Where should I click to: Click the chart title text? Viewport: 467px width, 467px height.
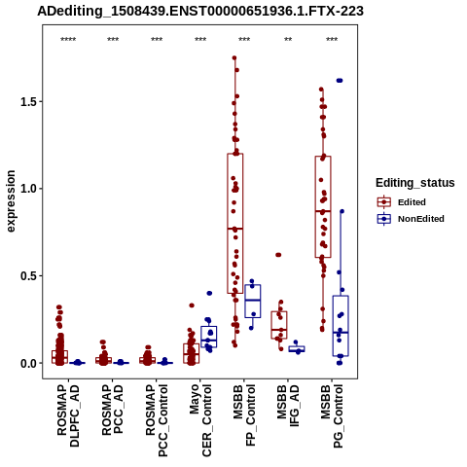(200, 11)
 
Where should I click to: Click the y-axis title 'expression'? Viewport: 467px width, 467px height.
(11, 201)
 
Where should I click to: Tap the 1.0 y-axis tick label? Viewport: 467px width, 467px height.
(27, 189)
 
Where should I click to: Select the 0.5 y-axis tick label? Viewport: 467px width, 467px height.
(27, 276)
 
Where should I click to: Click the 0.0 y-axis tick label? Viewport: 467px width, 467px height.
(27, 363)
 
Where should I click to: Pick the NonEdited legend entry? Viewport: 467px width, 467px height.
(411, 219)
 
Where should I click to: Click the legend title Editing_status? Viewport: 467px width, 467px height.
(415, 183)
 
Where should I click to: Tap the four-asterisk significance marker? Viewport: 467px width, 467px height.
(68, 40)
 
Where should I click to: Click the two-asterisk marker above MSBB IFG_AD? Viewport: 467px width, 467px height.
(288, 40)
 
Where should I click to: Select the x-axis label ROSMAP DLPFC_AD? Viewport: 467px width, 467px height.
(68, 415)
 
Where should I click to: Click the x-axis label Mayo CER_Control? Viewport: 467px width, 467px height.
(200, 420)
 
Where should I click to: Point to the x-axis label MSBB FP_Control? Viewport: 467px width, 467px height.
(244, 415)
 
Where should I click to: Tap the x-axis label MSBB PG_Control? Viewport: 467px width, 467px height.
(332, 416)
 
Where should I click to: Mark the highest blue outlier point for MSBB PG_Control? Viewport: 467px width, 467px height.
(340, 81)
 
